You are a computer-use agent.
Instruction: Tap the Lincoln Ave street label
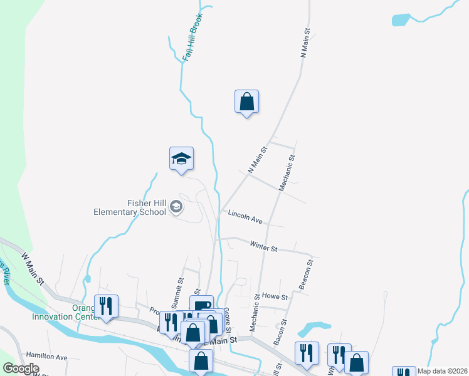245,216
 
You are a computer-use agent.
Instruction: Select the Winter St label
263,247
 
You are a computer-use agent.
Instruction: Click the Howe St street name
275,296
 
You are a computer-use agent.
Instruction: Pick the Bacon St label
280,332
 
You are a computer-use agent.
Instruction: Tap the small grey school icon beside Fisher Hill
177,206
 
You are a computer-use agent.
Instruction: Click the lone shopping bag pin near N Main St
246,101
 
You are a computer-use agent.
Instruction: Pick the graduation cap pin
181,158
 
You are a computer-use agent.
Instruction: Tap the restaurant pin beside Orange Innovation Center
106,306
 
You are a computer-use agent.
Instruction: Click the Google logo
21,368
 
